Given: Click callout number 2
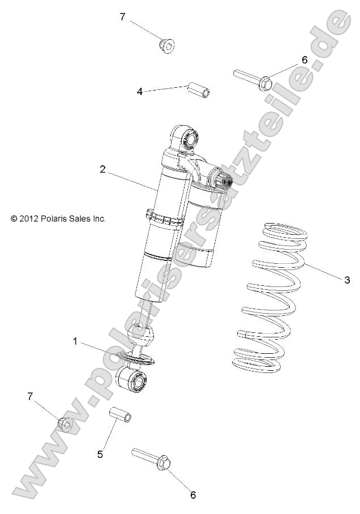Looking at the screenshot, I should tap(102, 169).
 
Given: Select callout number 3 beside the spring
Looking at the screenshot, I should tap(347, 280).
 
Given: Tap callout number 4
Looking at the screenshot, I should tap(139, 91).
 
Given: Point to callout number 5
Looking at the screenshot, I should tap(100, 453).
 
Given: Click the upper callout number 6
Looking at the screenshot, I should tap(304, 59).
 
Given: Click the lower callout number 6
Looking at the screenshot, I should tap(193, 495).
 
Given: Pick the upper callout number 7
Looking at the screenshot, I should tap(122, 17).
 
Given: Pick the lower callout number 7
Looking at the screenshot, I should tap(31, 396).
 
